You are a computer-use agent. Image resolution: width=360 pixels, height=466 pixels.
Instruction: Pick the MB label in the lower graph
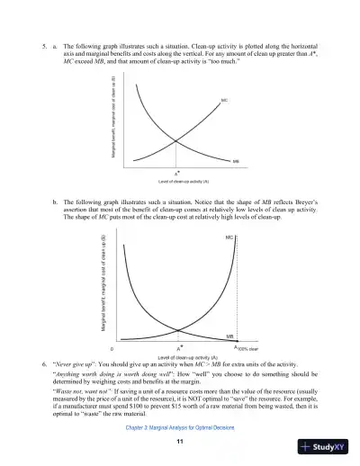229,333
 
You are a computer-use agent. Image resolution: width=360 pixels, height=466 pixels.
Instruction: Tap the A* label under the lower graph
181,345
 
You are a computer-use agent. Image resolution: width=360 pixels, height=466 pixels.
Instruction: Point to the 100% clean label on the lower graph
247,347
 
